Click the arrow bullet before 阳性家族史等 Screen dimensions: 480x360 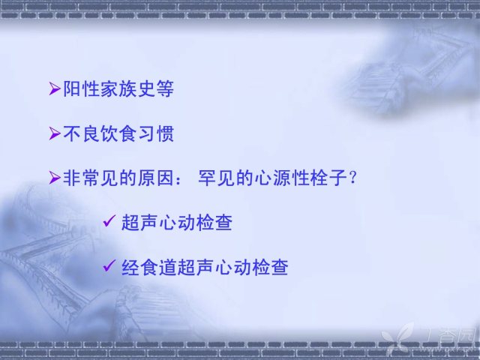click(x=55, y=88)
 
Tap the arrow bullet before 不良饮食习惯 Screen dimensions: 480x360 click(x=55, y=133)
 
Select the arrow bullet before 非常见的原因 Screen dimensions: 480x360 click(x=55, y=178)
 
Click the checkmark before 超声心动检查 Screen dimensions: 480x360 click(x=109, y=220)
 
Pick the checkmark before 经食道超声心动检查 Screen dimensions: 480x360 click(x=109, y=265)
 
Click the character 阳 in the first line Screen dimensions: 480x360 click(x=72, y=88)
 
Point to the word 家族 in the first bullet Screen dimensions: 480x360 click(x=118, y=88)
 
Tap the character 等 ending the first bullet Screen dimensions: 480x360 click(x=165, y=88)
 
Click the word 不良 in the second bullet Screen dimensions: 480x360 click(x=81, y=133)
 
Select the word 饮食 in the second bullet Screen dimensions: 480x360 click(x=118, y=133)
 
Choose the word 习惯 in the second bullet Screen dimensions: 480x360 click(x=156, y=133)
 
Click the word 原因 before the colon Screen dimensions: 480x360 click(x=156, y=178)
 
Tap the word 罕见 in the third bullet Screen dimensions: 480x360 click(x=217, y=178)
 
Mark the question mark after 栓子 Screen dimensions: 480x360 click(x=353, y=177)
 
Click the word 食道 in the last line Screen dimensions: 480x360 click(x=158, y=267)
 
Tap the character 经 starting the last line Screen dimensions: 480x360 click(x=130, y=267)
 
